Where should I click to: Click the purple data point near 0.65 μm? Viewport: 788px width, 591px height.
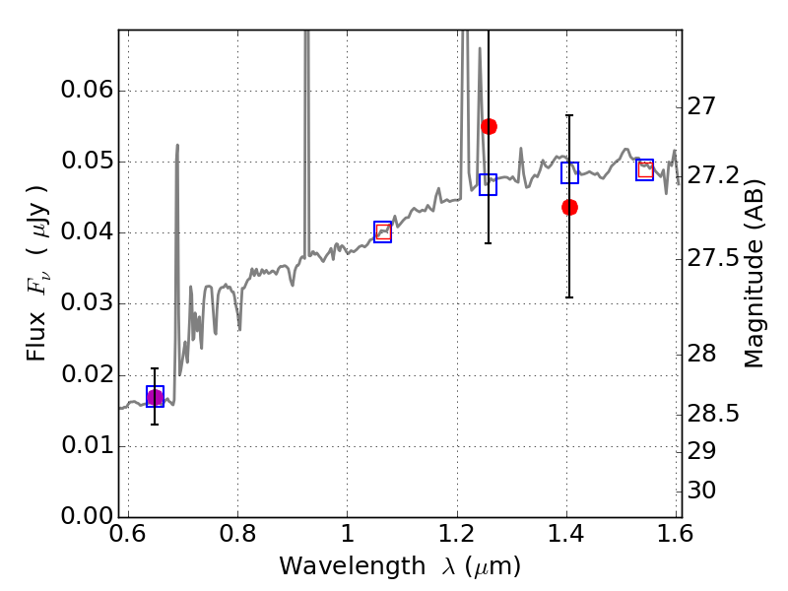click(x=155, y=398)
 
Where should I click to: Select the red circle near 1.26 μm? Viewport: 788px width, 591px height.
click(x=489, y=127)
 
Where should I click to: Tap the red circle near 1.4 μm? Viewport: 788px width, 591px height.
click(x=569, y=207)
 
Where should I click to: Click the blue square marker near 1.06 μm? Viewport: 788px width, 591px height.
click(x=382, y=231)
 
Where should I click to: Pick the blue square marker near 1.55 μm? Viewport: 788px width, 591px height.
click(x=644, y=169)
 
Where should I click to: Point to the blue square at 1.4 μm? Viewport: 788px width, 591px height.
click(x=569, y=173)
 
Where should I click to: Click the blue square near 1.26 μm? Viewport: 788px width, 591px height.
click(x=488, y=184)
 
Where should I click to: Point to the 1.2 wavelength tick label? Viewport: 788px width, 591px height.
click(x=457, y=534)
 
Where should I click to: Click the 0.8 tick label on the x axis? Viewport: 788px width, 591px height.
click(x=237, y=534)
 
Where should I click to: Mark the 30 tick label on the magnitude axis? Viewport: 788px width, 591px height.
click(x=701, y=490)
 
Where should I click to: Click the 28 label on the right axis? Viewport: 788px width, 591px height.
click(x=701, y=354)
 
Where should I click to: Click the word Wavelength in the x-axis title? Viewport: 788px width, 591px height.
click(x=353, y=566)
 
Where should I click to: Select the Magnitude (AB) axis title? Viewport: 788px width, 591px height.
click(x=754, y=274)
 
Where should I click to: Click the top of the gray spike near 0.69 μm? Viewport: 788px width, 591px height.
click(x=177, y=145)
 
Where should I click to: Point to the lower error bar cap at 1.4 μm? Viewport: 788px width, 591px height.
click(x=569, y=297)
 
